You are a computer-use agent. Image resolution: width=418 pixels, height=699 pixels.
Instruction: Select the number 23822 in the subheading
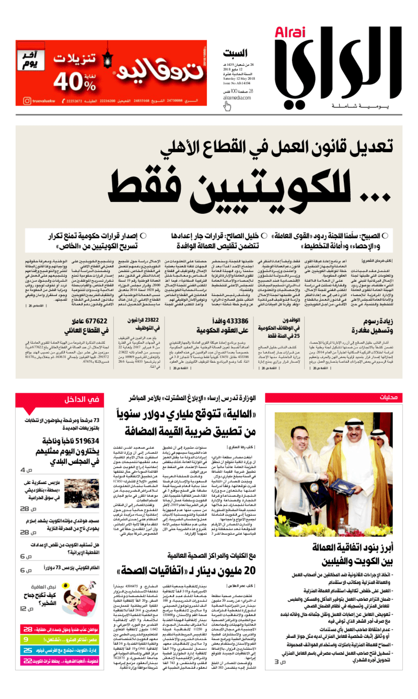click(x=144, y=320)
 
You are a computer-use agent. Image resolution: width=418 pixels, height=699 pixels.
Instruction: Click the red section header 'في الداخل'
click(x=79, y=400)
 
